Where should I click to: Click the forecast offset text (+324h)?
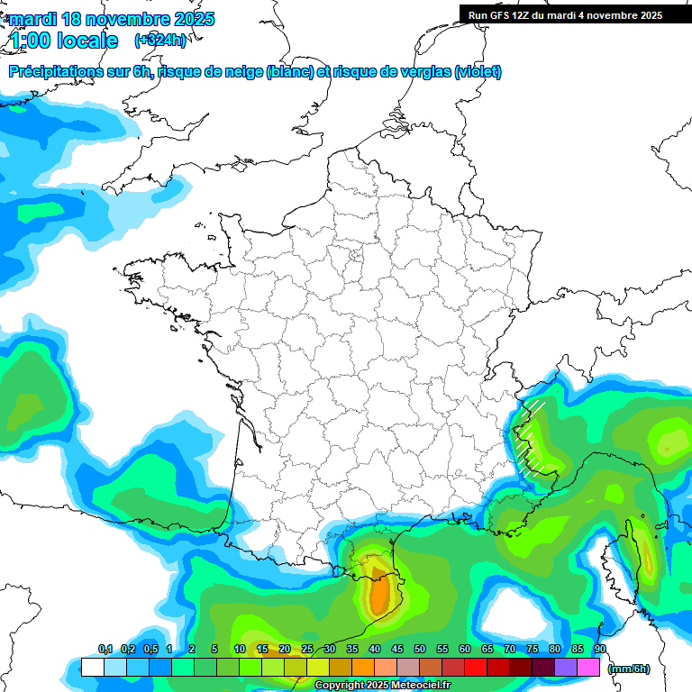tap(160, 40)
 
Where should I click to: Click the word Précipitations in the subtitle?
tap(54, 72)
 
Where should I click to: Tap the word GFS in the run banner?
tap(499, 14)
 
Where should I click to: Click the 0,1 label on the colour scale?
tap(105, 650)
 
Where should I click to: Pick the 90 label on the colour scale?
tap(600, 650)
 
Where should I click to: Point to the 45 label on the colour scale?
tap(397, 650)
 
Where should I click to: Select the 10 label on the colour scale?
tap(240, 650)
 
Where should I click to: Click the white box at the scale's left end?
tap(92, 667)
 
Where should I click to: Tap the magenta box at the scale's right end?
tap(588, 667)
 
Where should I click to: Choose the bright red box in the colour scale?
tap(476, 667)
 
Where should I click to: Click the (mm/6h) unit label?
tap(629, 669)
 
